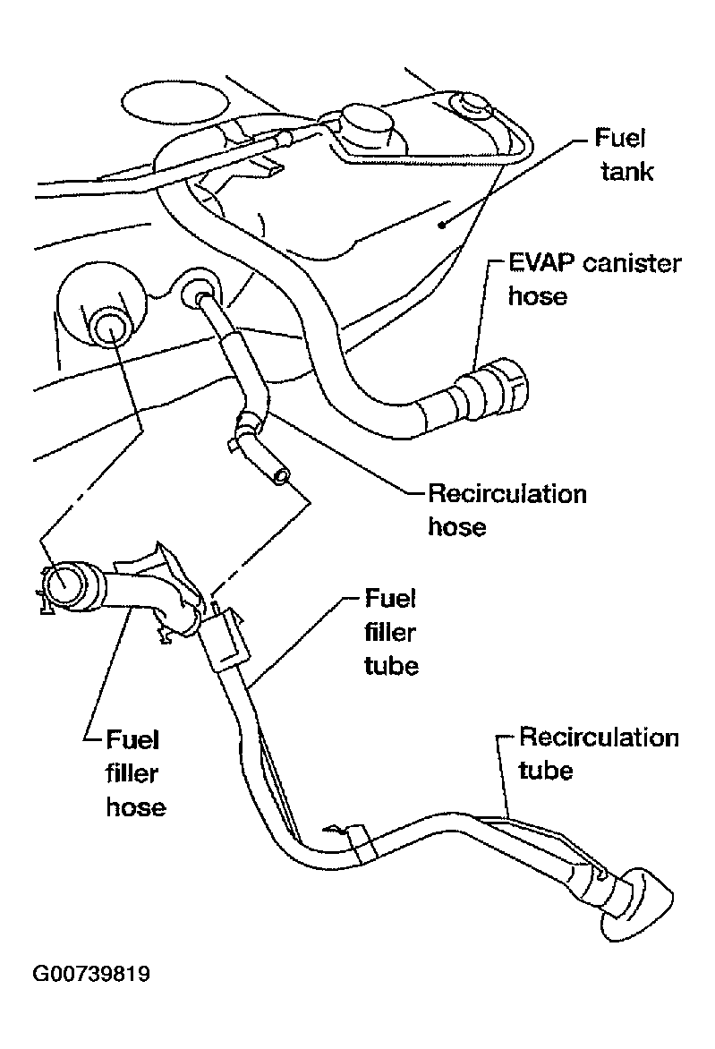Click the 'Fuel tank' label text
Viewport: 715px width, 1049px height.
[x=624, y=155]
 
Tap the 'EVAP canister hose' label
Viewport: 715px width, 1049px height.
[x=594, y=279]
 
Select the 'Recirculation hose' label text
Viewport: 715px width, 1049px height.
[x=507, y=510]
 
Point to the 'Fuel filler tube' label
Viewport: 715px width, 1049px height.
[x=391, y=632]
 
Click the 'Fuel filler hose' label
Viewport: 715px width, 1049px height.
[x=136, y=772]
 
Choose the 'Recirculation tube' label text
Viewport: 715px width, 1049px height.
[x=599, y=754]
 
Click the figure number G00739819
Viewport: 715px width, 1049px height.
[x=91, y=974]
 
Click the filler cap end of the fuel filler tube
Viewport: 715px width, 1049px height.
[x=639, y=903]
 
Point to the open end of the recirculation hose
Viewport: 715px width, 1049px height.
[x=282, y=476]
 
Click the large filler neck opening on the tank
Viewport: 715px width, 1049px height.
[x=109, y=328]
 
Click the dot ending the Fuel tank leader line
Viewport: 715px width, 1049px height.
[x=442, y=226]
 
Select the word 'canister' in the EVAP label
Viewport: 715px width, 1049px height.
[x=632, y=263]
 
